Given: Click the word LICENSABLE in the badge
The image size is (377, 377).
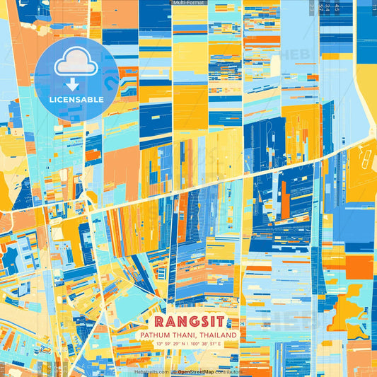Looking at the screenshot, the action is (x=76, y=100).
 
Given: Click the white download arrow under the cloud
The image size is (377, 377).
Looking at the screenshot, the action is (x=73, y=84).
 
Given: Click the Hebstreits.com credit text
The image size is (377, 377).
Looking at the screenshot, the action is (x=150, y=371).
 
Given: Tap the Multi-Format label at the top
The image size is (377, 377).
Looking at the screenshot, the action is (x=188, y=4).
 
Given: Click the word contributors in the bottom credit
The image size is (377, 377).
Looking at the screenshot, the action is (x=229, y=371).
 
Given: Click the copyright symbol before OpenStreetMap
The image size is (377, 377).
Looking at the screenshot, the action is (x=173, y=371).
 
